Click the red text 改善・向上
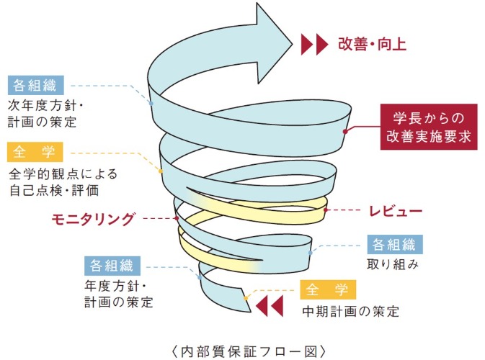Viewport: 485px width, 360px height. (x=373, y=45)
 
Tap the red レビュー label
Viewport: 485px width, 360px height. (x=395, y=211)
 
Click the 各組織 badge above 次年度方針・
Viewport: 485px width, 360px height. (x=35, y=86)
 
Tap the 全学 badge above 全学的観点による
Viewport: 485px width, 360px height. (x=35, y=153)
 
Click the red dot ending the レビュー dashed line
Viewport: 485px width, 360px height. (x=326, y=210)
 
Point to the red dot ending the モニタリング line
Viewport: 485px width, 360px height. (x=176, y=217)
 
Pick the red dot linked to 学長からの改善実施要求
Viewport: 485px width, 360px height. (x=347, y=131)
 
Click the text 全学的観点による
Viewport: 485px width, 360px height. (x=63, y=174)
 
